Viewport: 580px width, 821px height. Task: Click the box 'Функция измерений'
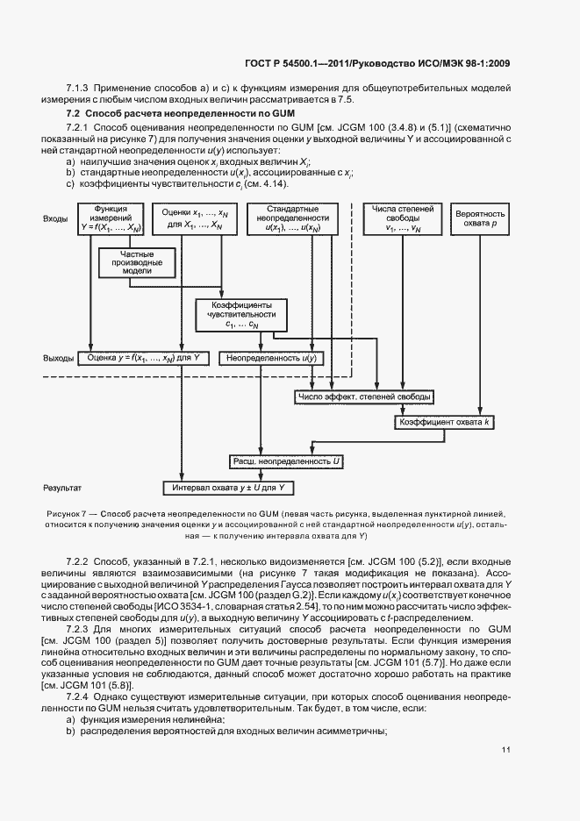111,218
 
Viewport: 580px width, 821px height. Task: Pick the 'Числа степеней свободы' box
403,218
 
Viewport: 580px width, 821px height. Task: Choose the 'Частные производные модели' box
138,261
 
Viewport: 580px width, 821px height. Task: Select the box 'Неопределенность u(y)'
271,358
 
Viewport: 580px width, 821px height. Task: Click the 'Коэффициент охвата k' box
446,422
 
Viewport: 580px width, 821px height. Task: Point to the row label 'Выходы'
58,358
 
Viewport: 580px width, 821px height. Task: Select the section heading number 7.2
74,115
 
